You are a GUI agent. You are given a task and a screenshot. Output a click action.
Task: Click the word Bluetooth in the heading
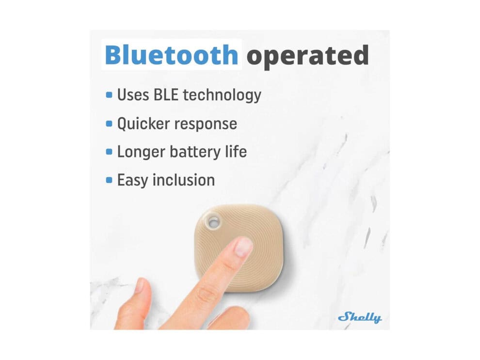click(x=172, y=55)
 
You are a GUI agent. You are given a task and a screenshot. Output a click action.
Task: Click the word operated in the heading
click(x=308, y=56)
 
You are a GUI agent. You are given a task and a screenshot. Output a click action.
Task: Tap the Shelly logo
click(x=360, y=317)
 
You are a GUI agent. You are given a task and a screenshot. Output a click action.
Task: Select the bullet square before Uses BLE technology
click(x=109, y=95)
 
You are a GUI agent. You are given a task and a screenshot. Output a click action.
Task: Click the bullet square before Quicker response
click(x=109, y=124)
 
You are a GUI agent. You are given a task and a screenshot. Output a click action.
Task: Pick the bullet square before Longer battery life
click(x=109, y=152)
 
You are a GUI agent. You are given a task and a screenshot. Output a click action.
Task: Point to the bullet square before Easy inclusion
click(x=109, y=180)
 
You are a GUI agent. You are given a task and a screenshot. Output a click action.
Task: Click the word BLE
click(x=166, y=94)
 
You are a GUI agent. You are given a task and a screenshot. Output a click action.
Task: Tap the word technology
click(x=222, y=95)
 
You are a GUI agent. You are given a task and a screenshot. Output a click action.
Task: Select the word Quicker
click(x=143, y=124)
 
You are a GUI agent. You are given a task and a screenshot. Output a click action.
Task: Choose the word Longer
click(x=141, y=152)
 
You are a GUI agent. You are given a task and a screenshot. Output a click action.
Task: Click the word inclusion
click(x=184, y=180)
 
